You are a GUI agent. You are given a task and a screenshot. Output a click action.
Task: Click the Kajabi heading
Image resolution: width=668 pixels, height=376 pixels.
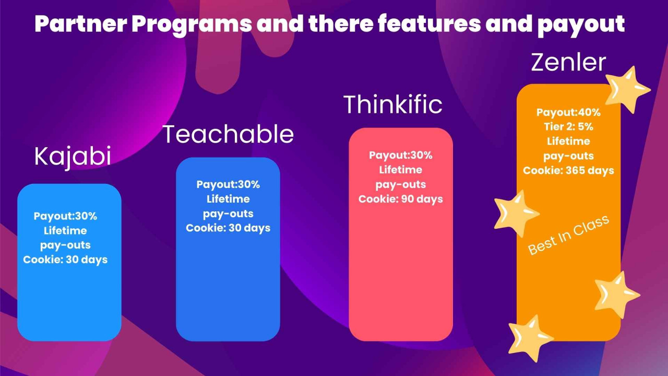tap(73, 156)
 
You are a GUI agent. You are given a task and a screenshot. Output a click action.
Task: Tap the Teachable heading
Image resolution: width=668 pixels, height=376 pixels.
tap(229, 134)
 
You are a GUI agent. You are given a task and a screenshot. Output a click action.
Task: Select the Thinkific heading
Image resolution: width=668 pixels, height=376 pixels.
tap(392, 104)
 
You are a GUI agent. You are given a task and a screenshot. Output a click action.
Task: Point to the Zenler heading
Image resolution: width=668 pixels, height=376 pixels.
tap(568, 63)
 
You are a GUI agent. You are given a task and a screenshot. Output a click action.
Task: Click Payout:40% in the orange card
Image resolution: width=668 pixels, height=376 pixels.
tap(568, 112)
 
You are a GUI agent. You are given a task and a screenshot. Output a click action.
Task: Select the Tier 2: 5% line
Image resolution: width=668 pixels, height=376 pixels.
tap(568, 127)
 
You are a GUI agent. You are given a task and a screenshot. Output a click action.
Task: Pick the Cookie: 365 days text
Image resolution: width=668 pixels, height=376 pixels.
tap(568, 171)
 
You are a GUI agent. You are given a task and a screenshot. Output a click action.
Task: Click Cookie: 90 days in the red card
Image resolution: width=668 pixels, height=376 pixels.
tap(400, 199)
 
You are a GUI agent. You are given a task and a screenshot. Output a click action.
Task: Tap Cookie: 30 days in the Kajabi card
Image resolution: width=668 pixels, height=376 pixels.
tap(65, 260)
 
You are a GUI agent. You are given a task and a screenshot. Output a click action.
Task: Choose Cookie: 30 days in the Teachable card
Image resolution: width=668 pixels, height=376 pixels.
tap(228, 228)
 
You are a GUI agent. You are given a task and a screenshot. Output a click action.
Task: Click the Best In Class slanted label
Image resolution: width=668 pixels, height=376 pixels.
tap(568, 235)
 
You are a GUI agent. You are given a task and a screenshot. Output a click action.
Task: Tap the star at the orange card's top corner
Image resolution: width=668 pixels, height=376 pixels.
tap(629, 89)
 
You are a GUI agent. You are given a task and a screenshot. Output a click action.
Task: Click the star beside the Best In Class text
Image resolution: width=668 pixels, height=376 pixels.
tap(515, 213)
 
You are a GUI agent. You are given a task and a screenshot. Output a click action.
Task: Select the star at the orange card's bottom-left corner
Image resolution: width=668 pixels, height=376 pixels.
tap(529, 337)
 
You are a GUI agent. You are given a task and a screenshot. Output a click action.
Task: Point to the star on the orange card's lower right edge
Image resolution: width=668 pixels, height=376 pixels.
tap(616, 293)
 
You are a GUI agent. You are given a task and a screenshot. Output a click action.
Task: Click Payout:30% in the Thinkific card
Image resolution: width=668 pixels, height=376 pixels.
tap(400, 155)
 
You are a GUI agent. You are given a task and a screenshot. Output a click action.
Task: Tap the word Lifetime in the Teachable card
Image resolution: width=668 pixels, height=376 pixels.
tap(228, 199)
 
